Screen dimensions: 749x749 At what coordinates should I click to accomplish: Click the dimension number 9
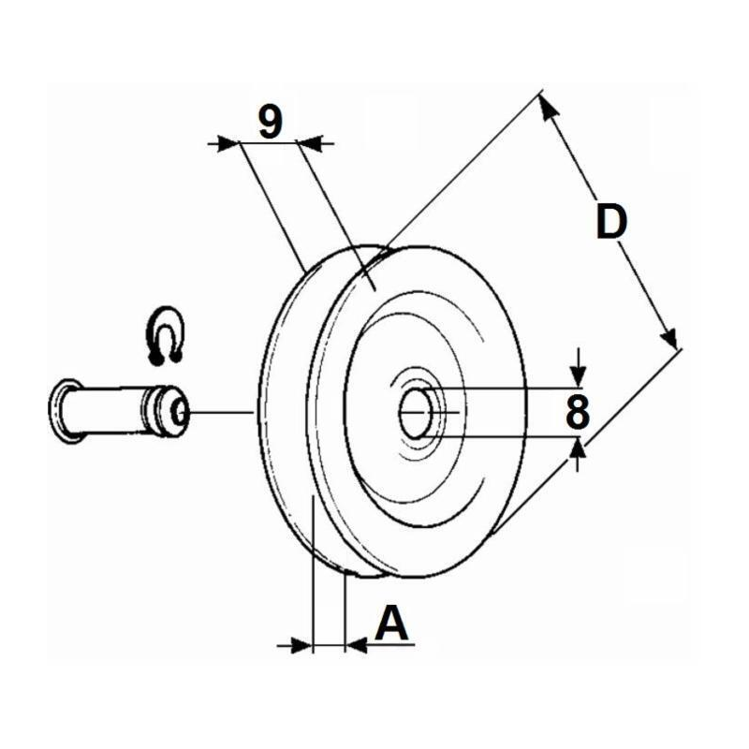coord(271,122)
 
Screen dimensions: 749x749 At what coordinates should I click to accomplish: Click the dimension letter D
coord(611,222)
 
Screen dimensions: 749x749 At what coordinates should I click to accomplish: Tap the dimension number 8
coord(578,412)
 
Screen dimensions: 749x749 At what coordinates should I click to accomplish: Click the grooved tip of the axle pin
coord(167,411)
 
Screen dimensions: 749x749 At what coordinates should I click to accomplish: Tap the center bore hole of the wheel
coord(414,413)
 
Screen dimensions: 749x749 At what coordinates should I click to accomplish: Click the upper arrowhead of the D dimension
coord(548,108)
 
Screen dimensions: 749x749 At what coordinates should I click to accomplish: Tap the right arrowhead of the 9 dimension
coord(310,143)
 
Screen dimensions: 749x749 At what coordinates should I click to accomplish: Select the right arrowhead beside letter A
coord(356,646)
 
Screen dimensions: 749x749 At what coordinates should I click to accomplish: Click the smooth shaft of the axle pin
coord(109,411)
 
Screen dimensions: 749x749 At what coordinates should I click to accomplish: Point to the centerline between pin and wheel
coord(221,411)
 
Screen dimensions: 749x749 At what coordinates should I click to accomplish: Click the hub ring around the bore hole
coord(417,414)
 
